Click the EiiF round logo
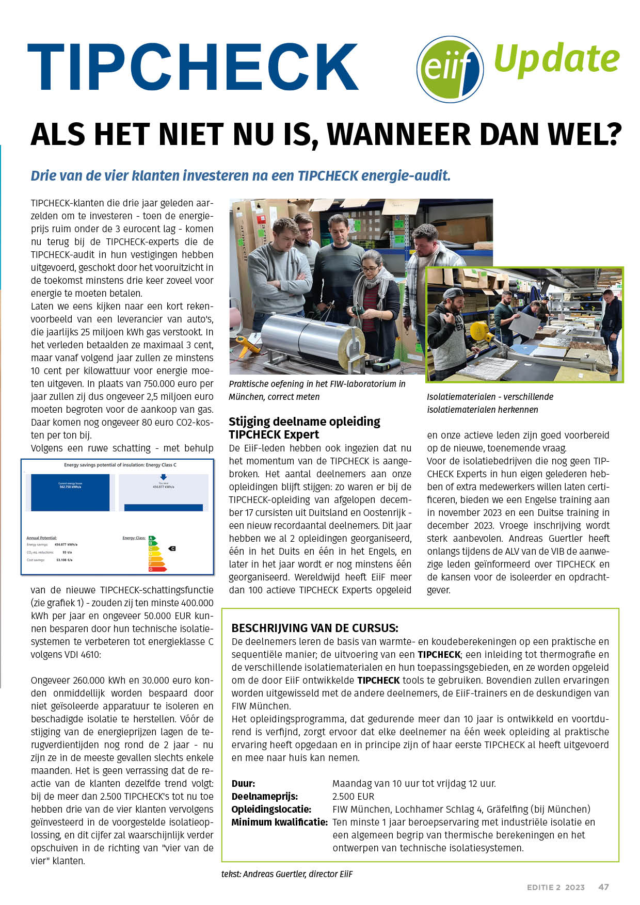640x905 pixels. tap(450, 69)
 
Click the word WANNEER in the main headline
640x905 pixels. tap(399, 135)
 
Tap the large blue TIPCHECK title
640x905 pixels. tap(193, 67)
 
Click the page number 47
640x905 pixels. tap(603, 887)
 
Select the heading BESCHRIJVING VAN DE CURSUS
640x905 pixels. tap(315, 628)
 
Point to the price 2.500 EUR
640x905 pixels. tap(353, 796)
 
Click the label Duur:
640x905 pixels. tap(243, 783)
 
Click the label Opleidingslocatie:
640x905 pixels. tap(271, 809)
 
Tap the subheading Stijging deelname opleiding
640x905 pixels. tap(305, 422)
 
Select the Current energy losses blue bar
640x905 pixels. tap(70, 492)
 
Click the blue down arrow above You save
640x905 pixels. tap(164, 477)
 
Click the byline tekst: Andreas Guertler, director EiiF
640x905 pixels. tap(287, 874)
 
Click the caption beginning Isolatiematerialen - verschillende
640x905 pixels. tap(490, 397)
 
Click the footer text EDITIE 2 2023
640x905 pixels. tap(555, 887)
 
